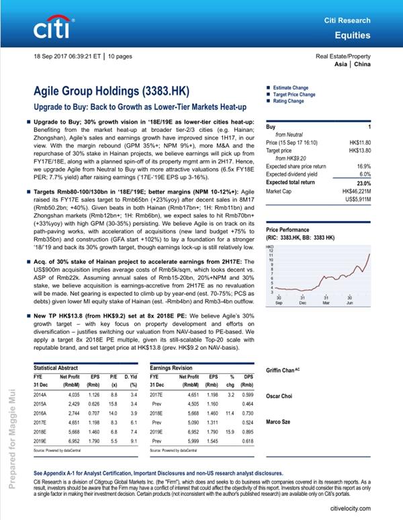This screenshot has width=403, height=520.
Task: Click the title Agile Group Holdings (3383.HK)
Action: click(111, 91)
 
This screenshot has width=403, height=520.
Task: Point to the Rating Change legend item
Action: click(288, 102)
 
